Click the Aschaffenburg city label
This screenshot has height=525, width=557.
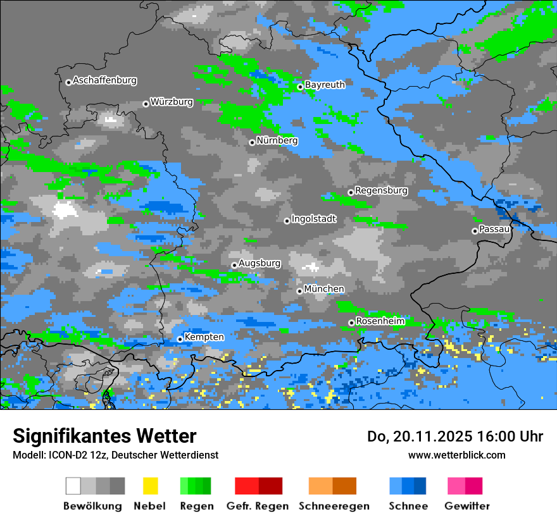click(104, 81)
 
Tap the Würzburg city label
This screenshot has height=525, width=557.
click(172, 102)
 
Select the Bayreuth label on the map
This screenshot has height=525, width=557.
click(325, 85)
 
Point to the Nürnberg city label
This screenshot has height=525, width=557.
click(277, 141)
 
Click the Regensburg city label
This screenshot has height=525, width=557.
click(381, 190)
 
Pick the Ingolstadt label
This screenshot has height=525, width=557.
click(314, 219)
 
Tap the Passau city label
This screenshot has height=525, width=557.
click(494, 230)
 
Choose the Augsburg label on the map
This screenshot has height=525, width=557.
click(259, 263)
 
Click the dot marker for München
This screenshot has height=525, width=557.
click(300, 291)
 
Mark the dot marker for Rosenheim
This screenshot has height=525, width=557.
click(351, 323)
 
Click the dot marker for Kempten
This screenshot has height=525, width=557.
click(180, 339)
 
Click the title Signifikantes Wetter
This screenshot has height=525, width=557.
click(104, 436)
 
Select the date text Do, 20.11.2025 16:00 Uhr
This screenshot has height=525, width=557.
click(454, 436)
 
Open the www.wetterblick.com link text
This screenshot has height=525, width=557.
click(456, 455)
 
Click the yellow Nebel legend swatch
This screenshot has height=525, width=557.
click(150, 486)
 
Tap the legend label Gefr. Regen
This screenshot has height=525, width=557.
click(258, 506)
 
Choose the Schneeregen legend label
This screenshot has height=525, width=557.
click(334, 506)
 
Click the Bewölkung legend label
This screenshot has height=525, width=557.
click(92, 506)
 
